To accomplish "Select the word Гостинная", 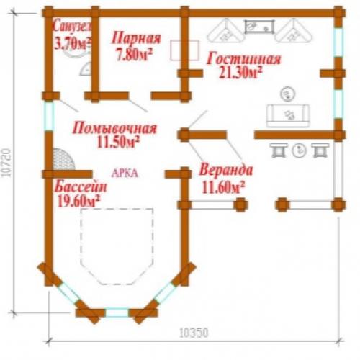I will tap(243, 59).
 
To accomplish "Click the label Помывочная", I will tap(115, 129).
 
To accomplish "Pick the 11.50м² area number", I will tap(117, 143).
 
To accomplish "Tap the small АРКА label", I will tap(125, 174).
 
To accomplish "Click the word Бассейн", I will tap(81, 188).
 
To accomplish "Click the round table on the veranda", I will tap(300, 150).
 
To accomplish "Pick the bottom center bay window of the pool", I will tap(117, 312).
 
